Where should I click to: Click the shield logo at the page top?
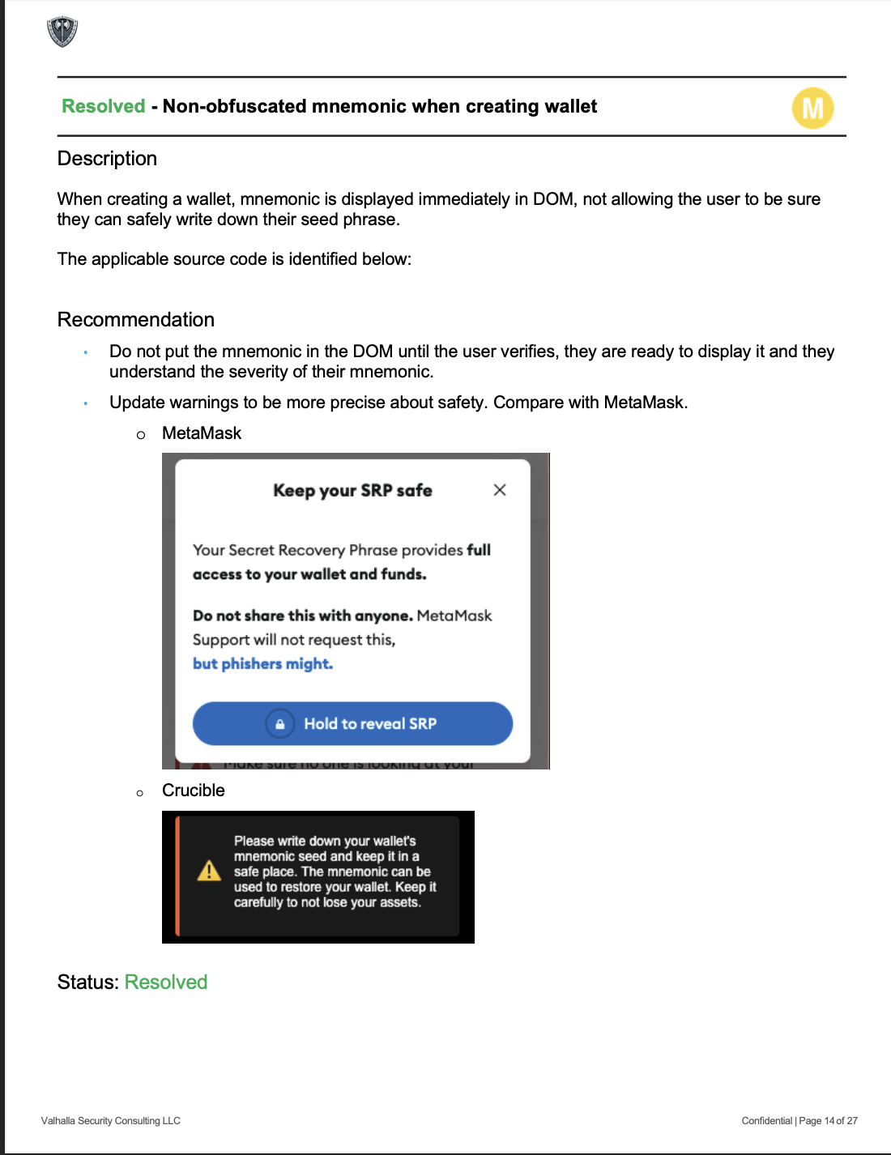pyautogui.click(x=62, y=32)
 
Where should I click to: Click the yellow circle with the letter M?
pyautogui.click(x=812, y=109)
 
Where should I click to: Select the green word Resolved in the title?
pyautogui.click(x=104, y=106)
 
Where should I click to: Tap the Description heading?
pyautogui.click(x=107, y=159)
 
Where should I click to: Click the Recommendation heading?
pyautogui.click(x=136, y=320)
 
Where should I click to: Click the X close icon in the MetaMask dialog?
pyautogui.click(x=500, y=490)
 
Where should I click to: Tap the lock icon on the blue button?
pyautogui.click(x=279, y=724)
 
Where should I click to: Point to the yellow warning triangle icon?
pyautogui.click(x=209, y=871)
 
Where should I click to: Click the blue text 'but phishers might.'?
pyautogui.click(x=262, y=664)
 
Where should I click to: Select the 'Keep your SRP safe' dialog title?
pyautogui.click(x=352, y=491)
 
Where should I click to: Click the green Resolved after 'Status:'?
pyautogui.click(x=166, y=982)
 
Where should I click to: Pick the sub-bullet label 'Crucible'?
pyautogui.click(x=194, y=791)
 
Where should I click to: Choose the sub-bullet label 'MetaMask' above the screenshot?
pyautogui.click(x=202, y=433)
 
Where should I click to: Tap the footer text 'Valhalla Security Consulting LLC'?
pyautogui.click(x=111, y=1121)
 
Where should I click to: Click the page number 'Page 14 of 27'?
pyautogui.click(x=828, y=1121)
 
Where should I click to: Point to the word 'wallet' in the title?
pyautogui.click(x=570, y=106)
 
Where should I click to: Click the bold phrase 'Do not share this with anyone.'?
pyautogui.click(x=303, y=616)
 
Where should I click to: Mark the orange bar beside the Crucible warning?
pyautogui.click(x=177, y=876)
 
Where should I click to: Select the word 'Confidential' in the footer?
pyautogui.click(x=766, y=1121)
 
